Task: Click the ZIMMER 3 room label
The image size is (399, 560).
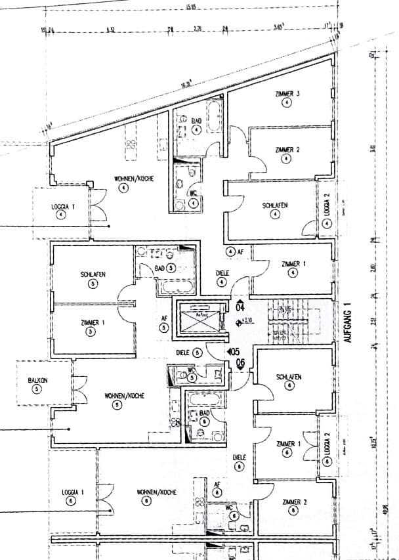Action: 288,95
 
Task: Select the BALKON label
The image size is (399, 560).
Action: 37,380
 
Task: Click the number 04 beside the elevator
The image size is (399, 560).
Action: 240,307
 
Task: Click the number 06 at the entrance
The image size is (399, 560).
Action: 240,362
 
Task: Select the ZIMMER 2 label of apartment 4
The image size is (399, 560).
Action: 288,150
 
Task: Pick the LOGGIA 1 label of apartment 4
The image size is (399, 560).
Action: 63,206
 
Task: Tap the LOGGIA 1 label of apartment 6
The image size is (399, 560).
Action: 72,491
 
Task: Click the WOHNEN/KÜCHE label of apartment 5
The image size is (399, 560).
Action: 124,396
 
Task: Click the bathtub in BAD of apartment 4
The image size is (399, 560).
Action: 215,118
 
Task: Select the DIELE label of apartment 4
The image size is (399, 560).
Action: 222,273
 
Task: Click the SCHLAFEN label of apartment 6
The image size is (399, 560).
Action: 289,377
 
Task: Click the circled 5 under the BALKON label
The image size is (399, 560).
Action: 37,389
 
